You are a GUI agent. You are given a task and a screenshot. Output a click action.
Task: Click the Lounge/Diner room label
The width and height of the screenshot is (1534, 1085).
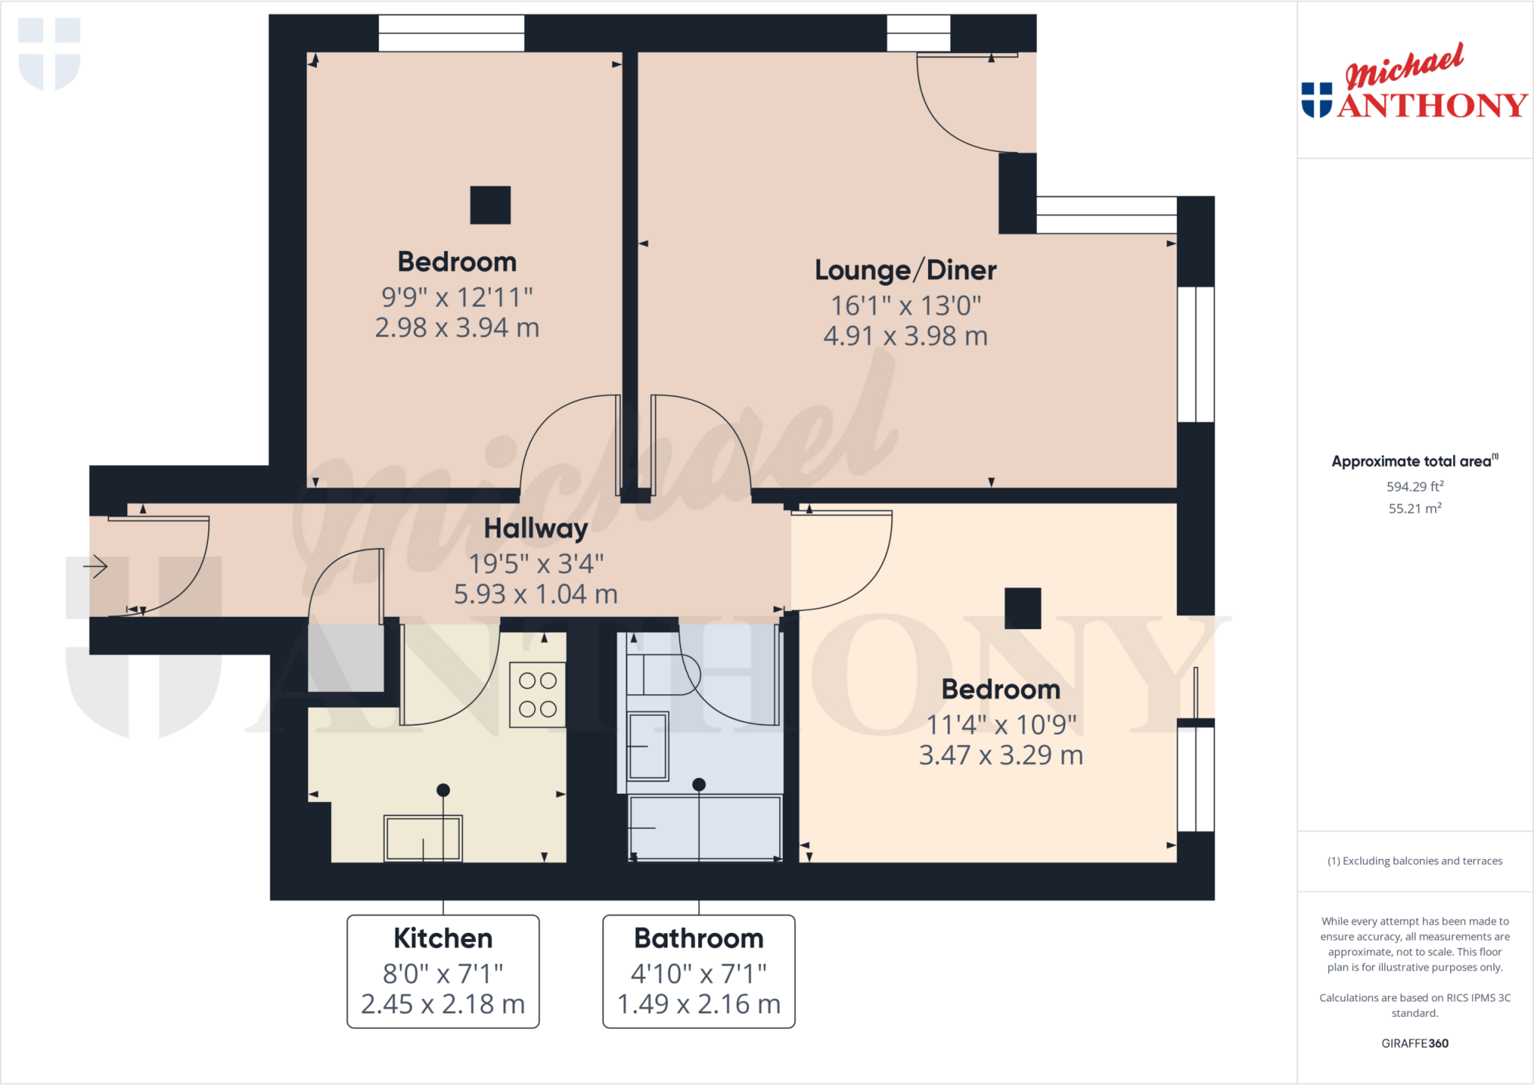click(x=905, y=270)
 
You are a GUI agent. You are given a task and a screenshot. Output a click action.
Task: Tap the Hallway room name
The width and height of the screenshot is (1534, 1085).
click(x=536, y=529)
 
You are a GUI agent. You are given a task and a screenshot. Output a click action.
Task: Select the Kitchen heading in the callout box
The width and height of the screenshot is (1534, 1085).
click(x=443, y=938)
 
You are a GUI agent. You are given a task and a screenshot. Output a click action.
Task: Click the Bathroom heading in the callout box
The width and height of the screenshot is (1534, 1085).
click(x=698, y=938)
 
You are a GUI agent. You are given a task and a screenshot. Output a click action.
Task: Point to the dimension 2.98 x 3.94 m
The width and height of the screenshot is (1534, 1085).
click(x=457, y=328)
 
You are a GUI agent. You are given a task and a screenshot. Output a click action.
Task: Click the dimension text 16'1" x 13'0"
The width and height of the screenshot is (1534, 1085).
click(x=905, y=306)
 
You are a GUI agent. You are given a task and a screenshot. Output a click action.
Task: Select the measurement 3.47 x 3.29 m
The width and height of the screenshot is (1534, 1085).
click(x=1001, y=756)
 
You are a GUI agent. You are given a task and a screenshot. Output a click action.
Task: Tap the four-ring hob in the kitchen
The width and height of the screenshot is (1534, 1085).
click(x=538, y=695)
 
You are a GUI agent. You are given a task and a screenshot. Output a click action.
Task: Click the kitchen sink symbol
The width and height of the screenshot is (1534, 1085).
click(x=423, y=838)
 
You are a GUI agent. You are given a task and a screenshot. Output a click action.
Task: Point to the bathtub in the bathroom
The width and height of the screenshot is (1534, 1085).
click(x=704, y=827)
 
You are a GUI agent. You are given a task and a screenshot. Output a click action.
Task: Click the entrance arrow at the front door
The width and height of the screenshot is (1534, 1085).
click(x=96, y=566)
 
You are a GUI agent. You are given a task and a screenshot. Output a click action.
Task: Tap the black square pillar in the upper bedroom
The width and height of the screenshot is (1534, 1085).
click(x=490, y=205)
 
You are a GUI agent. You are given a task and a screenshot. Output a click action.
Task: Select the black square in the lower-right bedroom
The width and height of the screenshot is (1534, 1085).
click(x=1022, y=608)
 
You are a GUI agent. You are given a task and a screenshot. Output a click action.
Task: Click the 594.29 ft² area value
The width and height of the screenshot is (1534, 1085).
click(x=1414, y=487)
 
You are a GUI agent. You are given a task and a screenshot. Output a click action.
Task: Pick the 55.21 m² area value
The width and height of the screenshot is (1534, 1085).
click(x=1414, y=508)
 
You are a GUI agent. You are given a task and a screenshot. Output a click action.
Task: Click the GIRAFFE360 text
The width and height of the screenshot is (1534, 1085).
click(x=1414, y=1043)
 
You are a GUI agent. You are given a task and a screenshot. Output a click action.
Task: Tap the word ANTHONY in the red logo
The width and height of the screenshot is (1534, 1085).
click(x=1432, y=106)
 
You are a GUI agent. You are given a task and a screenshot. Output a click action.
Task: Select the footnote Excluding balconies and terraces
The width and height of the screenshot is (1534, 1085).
click(x=1414, y=861)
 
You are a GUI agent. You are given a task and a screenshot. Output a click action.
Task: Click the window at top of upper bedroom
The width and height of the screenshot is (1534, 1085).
click(x=451, y=34)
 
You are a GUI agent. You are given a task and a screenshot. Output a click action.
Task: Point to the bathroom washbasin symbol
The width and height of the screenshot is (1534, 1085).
click(x=648, y=746)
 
